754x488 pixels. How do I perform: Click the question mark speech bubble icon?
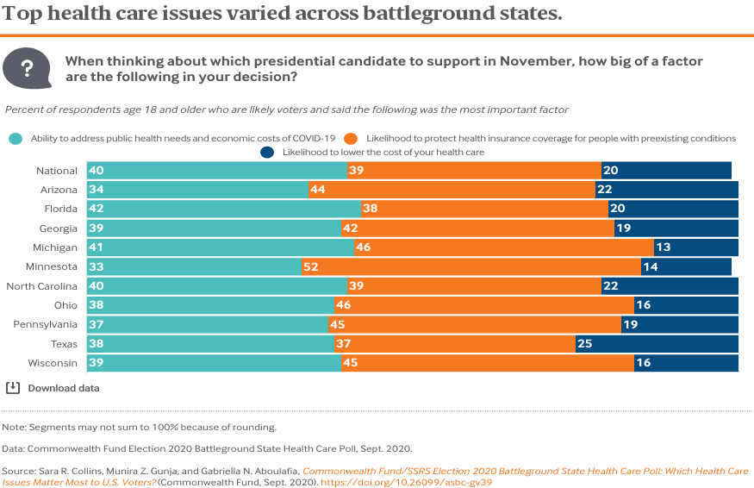[28, 68]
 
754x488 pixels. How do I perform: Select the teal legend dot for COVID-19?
[15, 138]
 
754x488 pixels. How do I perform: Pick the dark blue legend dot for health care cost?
[267, 152]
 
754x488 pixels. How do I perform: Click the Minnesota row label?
[52, 267]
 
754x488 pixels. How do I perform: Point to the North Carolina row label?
[42, 286]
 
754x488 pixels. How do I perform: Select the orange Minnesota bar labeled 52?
[470, 267]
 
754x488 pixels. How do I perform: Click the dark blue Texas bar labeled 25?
[657, 344]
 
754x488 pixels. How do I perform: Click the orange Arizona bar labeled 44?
[452, 190]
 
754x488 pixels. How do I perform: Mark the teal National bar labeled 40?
[215, 171]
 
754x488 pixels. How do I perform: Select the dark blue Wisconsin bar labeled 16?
[686, 363]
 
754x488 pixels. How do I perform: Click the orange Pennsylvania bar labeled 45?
[474, 325]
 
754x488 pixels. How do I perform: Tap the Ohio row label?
[65, 305]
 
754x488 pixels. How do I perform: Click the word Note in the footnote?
[14, 427]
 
